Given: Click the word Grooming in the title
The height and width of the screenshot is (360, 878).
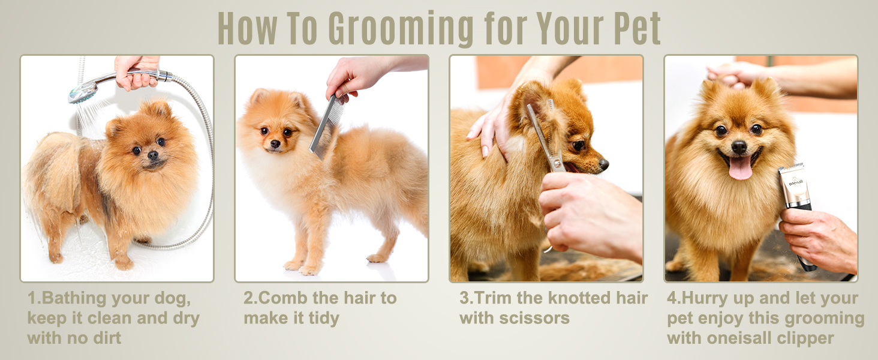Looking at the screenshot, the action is coord(401,29).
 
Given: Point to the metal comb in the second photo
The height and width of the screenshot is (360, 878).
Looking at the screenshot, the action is coord(327,125).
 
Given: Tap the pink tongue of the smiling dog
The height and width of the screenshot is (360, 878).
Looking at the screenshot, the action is coord(740,167).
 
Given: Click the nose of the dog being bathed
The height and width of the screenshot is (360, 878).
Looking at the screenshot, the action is coord(153,155).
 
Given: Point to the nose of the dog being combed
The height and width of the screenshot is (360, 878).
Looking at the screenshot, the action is coord(275,144).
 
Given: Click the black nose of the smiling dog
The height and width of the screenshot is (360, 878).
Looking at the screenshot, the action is coord(739,147).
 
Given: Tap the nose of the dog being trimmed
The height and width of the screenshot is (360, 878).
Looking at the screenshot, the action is coord(604,164).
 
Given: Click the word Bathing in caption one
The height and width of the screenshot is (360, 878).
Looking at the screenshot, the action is coord(73,299).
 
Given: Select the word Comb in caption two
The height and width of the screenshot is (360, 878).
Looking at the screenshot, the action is coord(282,298).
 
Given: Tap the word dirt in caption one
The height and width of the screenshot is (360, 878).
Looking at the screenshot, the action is coord(107,338).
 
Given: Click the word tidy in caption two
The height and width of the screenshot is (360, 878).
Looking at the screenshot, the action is coord(324,319).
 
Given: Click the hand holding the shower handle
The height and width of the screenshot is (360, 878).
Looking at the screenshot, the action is coord(137,73).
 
